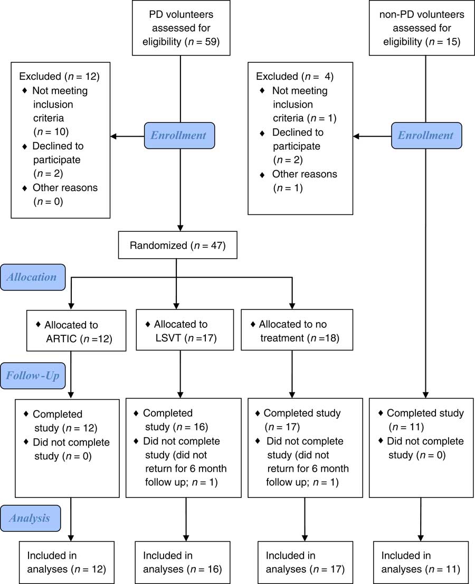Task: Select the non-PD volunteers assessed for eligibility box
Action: coord(421,27)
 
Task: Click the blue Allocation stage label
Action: coord(33,277)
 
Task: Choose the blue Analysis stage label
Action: coord(31,518)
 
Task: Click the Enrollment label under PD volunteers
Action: coord(179,135)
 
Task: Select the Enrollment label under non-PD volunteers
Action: coord(425,135)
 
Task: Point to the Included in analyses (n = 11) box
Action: coord(421,562)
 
